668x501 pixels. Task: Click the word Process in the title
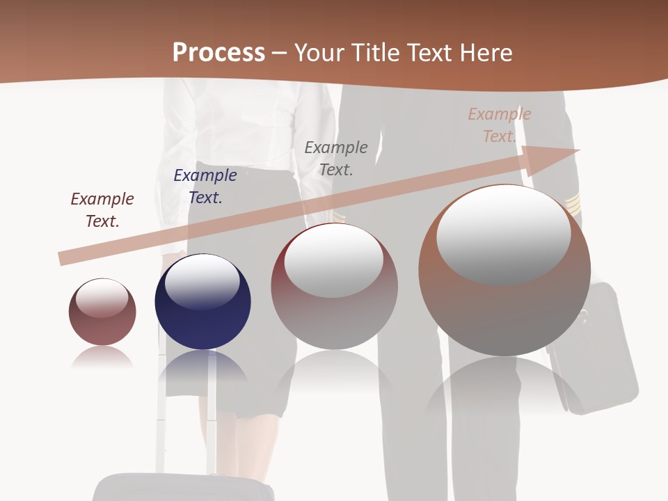pos(218,53)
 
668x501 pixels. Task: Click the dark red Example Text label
pos(102,210)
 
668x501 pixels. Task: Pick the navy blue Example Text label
pos(205,186)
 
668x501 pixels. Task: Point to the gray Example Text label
pos(336,158)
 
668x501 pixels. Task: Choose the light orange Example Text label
pos(500,125)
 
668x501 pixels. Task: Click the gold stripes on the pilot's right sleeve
pos(573,205)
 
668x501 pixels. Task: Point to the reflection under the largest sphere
pos(504,386)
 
